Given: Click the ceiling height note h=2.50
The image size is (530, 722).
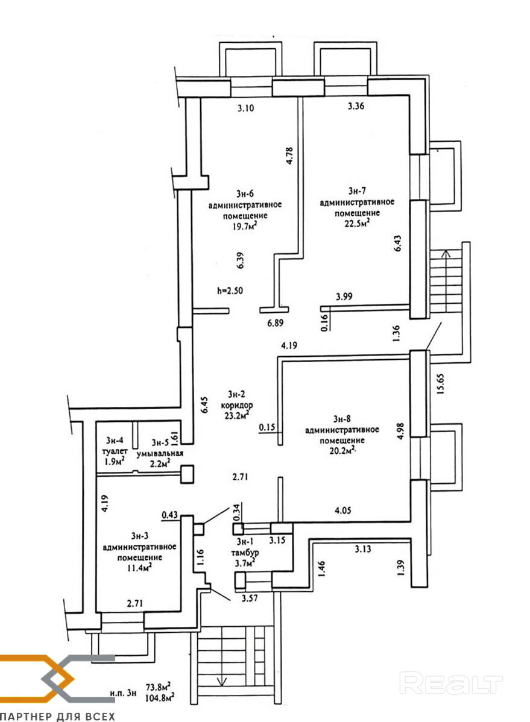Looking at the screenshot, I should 229,290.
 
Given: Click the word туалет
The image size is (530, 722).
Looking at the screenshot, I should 115,451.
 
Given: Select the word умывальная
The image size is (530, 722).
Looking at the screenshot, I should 159,454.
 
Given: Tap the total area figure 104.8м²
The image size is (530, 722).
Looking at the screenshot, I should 159,698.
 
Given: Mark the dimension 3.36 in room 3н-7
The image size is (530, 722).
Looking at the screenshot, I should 357,107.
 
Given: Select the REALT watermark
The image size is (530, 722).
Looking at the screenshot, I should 452,683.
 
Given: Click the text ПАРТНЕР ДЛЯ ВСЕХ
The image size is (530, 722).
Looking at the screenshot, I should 57,717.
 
